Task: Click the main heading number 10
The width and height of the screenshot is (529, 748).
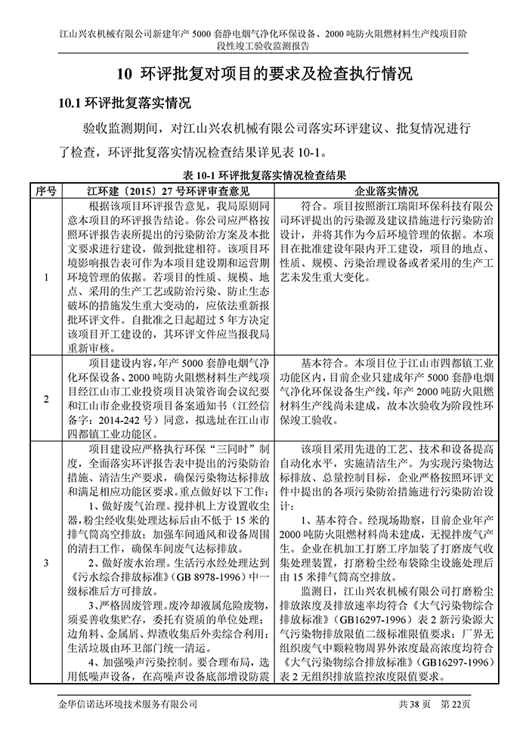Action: (125, 75)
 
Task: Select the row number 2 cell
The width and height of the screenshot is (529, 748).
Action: (46, 398)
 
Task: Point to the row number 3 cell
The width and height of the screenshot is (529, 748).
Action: (46, 562)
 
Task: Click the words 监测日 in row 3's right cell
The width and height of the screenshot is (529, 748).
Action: (315, 589)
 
